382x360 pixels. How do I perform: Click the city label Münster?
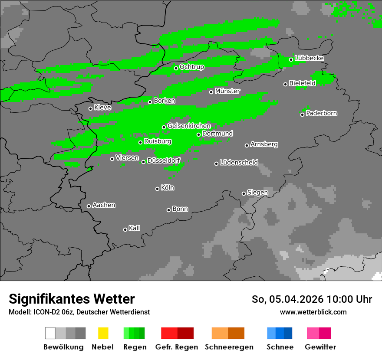click(x=227, y=91)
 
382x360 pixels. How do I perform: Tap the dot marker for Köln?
click(x=157, y=189)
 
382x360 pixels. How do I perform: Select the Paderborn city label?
click(x=322, y=114)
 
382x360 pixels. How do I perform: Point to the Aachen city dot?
click(x=89, y=206)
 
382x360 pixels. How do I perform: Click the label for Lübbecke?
click(x=310, y=58)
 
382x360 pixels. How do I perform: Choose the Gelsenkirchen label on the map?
click(x=189, y=126)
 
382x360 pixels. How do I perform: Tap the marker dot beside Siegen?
click(x=244, y=193)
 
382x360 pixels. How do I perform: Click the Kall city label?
click(x=135, y=228)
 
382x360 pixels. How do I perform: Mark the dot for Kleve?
click(x=90, y=108)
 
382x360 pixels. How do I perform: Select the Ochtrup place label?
click(x=192, y=67)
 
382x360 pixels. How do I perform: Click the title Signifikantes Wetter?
click(x=72, y=299)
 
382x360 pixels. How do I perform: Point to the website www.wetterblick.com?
click(x=313, y=312)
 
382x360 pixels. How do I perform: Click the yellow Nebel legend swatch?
click(x=103, y=333)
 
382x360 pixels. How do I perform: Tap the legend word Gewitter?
click(x=320, y=347)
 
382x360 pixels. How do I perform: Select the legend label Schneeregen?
click(x=229, y=347)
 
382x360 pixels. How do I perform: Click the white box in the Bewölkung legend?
click(x=50, y=333)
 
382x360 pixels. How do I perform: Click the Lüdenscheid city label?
click(x=239, y=163)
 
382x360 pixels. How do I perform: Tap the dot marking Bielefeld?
click(x=285, y=84)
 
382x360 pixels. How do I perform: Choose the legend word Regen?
click(x=134, y=347)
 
